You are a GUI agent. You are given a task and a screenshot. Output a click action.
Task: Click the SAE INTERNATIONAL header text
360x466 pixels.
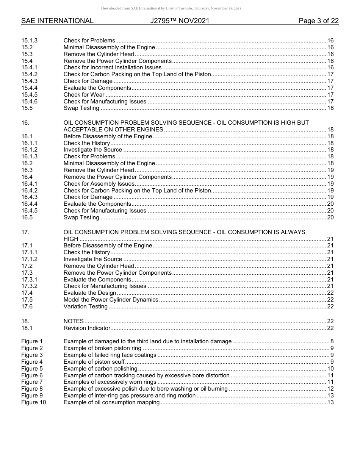[x=57, y=21]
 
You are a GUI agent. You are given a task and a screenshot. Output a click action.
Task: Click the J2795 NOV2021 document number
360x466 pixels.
[x=180, y=21]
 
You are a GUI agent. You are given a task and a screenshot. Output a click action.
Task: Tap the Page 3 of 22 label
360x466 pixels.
[x=318, y=21]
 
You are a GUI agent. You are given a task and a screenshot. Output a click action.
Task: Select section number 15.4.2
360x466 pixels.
[x=30, y=74]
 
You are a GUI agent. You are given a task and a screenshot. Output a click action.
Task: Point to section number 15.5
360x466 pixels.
[x=27, y=108]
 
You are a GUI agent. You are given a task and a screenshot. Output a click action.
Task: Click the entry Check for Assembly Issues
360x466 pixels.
[x=99, y=184]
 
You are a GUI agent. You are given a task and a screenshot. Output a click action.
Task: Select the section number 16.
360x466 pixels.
[x=25, y=123]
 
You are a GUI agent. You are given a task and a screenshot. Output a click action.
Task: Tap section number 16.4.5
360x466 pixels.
[x=30, y=211]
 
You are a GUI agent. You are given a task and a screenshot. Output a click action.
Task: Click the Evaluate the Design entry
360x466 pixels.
[x=90, y=293]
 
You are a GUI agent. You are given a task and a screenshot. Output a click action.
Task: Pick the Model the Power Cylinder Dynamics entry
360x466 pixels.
[x=111, y=300]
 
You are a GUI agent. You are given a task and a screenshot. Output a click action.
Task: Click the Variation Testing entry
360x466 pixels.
[x=86, y=306]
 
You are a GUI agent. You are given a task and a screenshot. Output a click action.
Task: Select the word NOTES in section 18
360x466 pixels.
[x=74, y=321]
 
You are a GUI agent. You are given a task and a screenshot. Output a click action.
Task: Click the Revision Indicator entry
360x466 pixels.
[x=87, y=328]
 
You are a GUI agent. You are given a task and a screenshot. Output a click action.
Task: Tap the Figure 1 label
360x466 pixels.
[x=32, y=341]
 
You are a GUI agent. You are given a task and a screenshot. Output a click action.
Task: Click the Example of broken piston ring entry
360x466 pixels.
[x=102, y=348]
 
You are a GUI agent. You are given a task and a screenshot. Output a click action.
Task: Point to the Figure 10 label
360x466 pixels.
[x=33, y=402]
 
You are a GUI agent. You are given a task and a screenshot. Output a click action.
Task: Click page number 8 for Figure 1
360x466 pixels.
[x=332, y=341]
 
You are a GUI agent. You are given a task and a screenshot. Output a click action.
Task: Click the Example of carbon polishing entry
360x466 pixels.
[x=100, y=369]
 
